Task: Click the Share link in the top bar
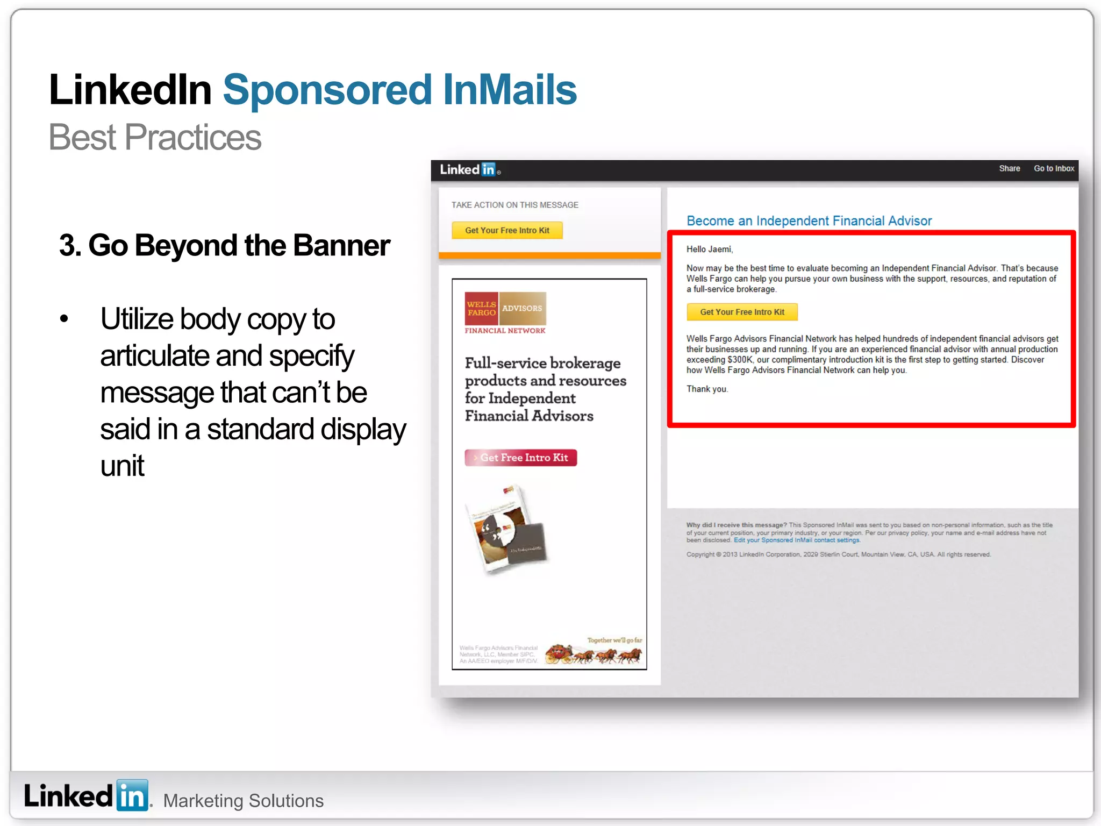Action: tap(1009, 169)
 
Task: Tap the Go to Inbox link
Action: tap(1054, 169)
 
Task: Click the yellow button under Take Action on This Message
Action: tap(507, 230)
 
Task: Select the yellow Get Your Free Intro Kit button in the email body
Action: tap(742, 312)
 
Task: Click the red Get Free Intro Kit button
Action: tap(520, 458)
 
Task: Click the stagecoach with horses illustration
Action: tap(594, 654)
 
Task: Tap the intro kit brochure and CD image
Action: tap(507, 530)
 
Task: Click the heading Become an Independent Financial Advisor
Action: tap(809, 221)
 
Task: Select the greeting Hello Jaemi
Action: tap(710, 250)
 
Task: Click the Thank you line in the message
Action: tap(707, 389)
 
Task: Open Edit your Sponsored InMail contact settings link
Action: tap(797, 540)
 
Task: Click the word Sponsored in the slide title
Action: tap(327, 90)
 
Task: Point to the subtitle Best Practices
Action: tap(155, 137)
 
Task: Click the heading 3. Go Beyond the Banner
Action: tap(225, 246)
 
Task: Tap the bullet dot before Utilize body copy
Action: tap(65, 319)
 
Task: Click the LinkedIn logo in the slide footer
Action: tap(86, 796)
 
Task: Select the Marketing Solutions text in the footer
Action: tap(243, 801)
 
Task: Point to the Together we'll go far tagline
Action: tap(614, 640)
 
